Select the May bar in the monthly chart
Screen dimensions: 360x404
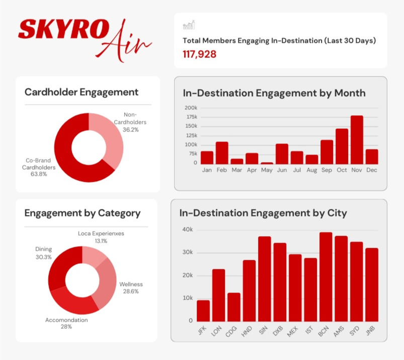267,163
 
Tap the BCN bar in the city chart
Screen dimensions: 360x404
326,276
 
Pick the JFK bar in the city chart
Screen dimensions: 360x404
203,311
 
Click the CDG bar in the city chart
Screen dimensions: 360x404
233,307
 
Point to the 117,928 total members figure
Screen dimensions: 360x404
200,54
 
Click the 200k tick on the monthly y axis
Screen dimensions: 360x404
191,108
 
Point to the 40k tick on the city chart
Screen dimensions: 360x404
187,230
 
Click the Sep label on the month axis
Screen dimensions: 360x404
327,170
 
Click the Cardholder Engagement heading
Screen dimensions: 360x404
82,92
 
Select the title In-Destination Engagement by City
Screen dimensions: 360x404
263,213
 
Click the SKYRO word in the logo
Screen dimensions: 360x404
62,30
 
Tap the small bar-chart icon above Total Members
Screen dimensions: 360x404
189,25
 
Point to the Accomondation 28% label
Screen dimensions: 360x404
66,323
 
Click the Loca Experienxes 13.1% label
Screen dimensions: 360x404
101,237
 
